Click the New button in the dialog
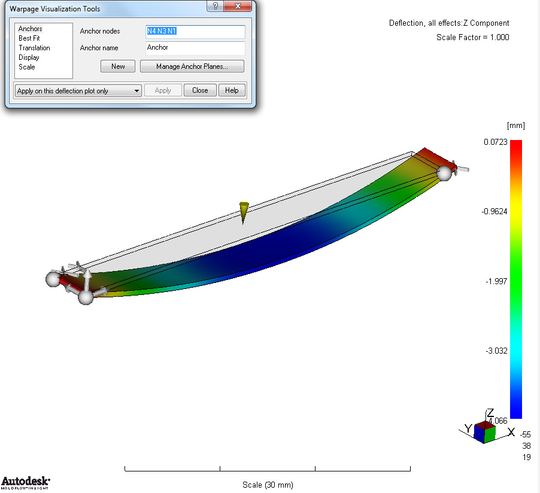(x=118, y=66)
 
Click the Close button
(x=200, y=90)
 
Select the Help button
(x=232, y=90)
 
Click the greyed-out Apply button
(x=163, y=90)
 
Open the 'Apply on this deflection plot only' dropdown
(x=78, y=91)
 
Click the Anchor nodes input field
(x=195, y=32)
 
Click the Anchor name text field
(x=195, y=48)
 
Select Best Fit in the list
(x=29, y=38)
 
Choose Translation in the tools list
(x=34, y=48)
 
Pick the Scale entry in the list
(x=27, y=67)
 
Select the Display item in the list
(x=29, y=57)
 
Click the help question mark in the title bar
(x=215, y=6)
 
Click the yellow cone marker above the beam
(x=243, y=211)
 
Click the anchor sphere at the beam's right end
(x=444, y=174)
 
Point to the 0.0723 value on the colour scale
(x=496, y=142)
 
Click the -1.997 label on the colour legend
(x=496, y=281)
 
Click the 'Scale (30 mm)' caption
(x=268, y=485)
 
